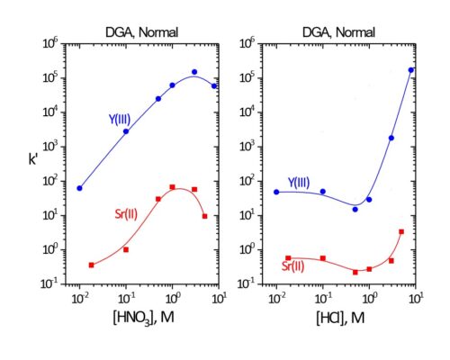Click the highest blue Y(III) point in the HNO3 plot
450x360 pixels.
194,72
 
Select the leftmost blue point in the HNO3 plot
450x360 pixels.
79,188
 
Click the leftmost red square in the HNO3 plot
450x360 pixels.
92,265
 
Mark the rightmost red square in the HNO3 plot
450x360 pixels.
205,216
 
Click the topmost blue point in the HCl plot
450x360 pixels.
411,69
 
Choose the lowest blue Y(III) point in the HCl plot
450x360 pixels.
355,209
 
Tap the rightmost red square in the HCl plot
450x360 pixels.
401,231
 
